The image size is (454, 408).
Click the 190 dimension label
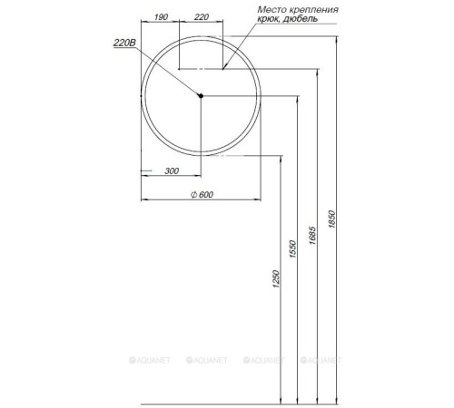click(160, 17)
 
